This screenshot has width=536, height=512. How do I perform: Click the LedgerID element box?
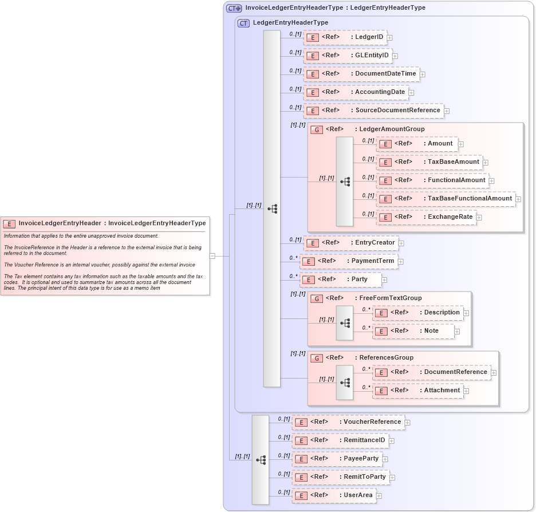pos(345,37)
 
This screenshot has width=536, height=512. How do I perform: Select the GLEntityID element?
pos(348,56)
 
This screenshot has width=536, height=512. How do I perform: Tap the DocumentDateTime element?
pos(361,74)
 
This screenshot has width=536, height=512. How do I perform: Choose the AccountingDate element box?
pos(356,92)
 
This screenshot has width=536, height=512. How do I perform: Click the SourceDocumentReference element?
pos(373,111)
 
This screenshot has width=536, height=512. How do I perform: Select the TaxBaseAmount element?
pos(429,162)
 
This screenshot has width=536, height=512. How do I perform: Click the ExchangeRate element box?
pos(426,217)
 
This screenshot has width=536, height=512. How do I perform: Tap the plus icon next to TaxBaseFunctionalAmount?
pos(518,199)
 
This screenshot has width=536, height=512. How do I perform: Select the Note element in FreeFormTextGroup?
pos(413,331)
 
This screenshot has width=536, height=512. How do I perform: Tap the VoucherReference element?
pos(348,422)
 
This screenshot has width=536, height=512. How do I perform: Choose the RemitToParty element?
pos(340,477)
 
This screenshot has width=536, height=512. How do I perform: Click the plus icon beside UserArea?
pos(379,496)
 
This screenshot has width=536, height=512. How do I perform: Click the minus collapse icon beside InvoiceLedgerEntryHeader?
pos(212,256)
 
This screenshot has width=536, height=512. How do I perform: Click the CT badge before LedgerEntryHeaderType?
pos(243,23)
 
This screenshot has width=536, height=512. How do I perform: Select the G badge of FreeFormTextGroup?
pos(317,298)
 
